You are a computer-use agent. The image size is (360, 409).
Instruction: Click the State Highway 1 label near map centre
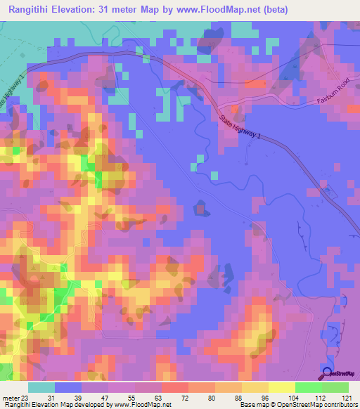(x=238, y=131)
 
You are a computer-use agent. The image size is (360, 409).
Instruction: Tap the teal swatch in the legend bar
(x=41, y=387)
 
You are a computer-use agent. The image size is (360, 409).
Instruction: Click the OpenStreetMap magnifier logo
(x=328, y=375)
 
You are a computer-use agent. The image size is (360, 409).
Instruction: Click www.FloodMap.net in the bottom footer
(x=145, y=405)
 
